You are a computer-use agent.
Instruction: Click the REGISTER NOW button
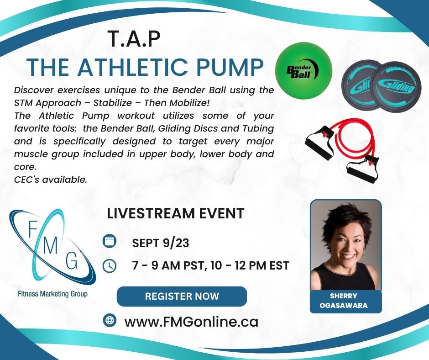click(x=182, y=296)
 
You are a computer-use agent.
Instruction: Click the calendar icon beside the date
click(x=110, y=241)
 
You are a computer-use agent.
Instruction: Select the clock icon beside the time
click(x=110, y=266)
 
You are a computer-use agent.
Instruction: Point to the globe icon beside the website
click(x=110, y=320)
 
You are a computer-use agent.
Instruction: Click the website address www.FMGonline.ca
click(x=191, y=322)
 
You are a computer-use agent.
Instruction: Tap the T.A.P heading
click(x=134, y=39)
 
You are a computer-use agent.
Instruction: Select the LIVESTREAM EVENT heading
click(x=175, y=213)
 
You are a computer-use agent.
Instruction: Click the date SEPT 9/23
click(x=161, y=243)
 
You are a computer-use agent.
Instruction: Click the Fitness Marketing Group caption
click(x=52, y=294)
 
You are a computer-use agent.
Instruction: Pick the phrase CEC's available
click(x=51, y=180)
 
